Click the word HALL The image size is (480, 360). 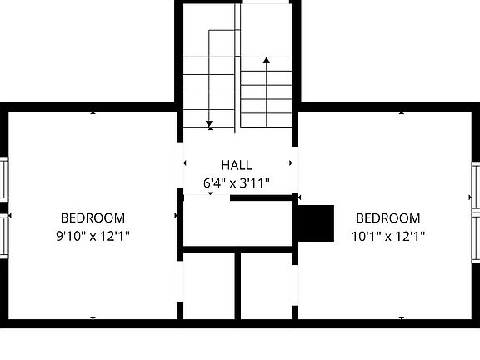237,165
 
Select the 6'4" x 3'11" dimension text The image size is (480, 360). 237,182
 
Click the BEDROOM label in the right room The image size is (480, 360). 388,218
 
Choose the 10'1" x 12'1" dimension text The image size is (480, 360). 388,236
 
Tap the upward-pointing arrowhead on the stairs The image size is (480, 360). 267,60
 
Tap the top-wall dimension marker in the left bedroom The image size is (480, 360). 92,112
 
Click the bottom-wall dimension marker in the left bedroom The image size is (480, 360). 92,317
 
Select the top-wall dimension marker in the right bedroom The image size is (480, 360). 402,112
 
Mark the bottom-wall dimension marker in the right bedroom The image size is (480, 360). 402,317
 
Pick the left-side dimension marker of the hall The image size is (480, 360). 184,163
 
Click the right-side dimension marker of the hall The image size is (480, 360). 291,163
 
